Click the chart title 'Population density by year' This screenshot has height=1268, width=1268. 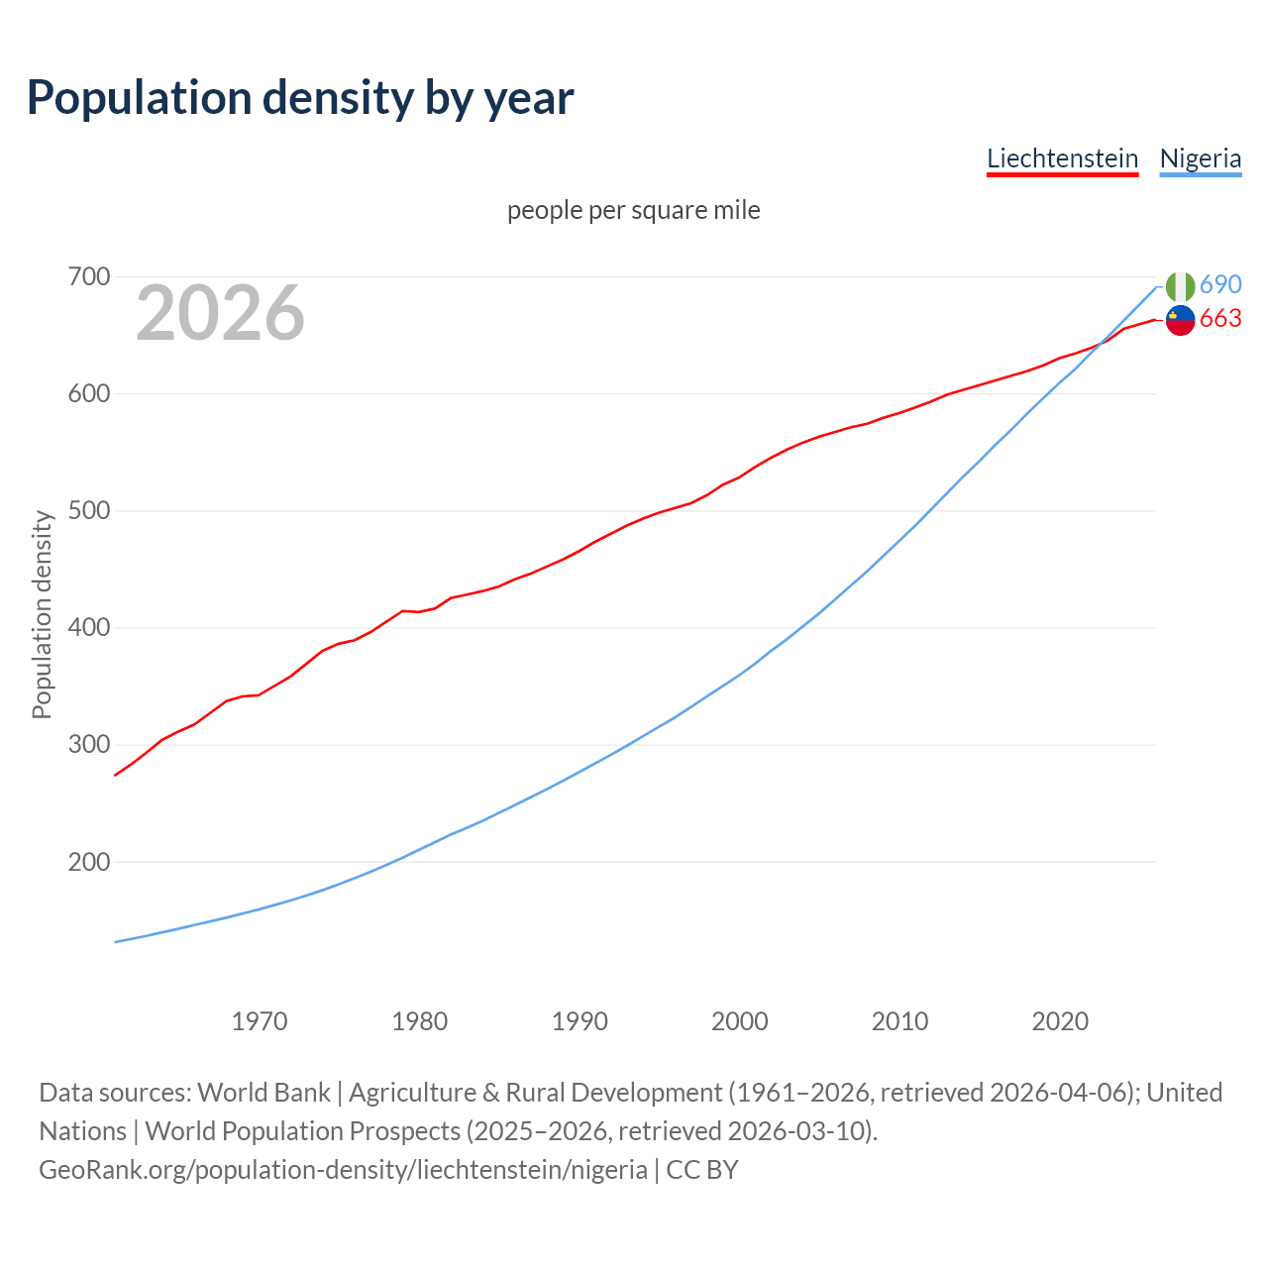click(x=300, y=98)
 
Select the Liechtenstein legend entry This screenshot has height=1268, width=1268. click(x=1062, y=158)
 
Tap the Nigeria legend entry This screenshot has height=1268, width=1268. click(x=1200, y=158)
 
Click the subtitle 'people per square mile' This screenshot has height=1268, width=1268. click(x=633, y=211)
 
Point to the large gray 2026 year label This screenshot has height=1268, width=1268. click(x=220, y=313)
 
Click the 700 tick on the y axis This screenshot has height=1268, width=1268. click(x=88, y=277)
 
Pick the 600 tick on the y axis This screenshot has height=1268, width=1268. click(x=88, y=394)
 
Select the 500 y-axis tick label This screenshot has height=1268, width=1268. click(x=88, y=511)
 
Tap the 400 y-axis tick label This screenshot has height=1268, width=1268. click(x=88, y=628)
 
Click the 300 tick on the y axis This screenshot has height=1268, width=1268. click(x=88, y=745)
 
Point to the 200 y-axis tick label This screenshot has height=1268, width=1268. click(x=88, y=862)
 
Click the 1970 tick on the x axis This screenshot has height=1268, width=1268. click(x=260, y=1021)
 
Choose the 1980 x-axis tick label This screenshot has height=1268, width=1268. click(x=420, y=1021)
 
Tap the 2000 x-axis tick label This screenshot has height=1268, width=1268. click(x=740, y=1021)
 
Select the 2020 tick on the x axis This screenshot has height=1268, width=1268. click(x=1060, y=1021)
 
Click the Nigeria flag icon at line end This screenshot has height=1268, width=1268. click(x=1180, y=286)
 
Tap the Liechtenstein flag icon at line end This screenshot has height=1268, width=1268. click(x=1180, y=320)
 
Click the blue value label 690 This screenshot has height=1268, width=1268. click(x=1220, y=285)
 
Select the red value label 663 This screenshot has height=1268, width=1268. click(x=1220, y=319)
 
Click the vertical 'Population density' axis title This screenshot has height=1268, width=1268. click(x=42, y=614)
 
